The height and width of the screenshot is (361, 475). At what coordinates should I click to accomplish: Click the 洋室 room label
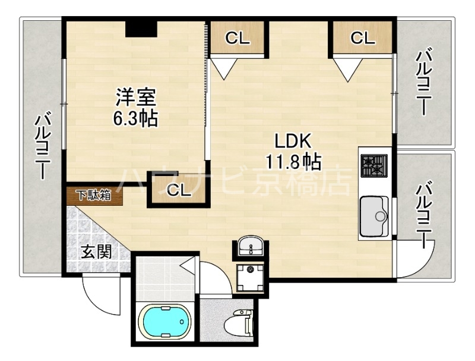136,96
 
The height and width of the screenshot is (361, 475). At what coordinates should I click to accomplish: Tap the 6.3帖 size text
136,118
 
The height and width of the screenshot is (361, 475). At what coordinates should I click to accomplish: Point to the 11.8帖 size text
293,161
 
